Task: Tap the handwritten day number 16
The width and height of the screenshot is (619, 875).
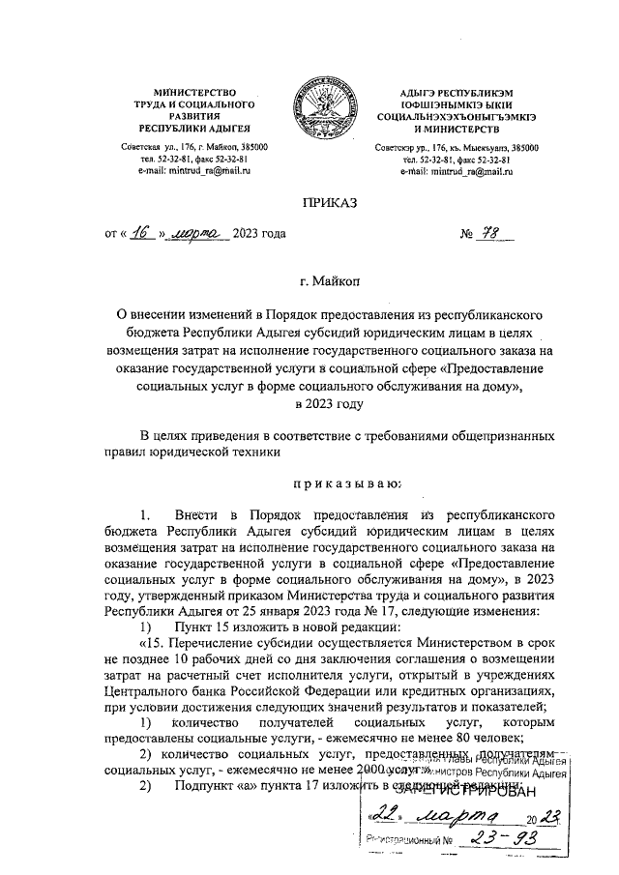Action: coord(142,232)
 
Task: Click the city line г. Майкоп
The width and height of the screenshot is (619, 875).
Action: coord(330,281)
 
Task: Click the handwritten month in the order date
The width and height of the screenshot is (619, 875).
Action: coord(193,233)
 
